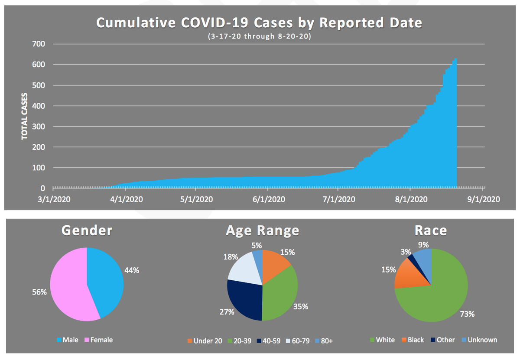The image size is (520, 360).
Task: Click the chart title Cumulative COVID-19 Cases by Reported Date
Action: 259,23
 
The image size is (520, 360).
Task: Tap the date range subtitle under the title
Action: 259,36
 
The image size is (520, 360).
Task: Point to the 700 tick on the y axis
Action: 39,44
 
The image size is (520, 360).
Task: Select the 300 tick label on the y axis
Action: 39,126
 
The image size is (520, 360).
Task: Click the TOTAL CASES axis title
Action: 25,116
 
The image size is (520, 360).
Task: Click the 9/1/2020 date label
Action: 483,200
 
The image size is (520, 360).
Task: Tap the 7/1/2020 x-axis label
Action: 340,200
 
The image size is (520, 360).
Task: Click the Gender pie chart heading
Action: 87,230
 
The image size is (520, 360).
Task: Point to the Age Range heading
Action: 262,230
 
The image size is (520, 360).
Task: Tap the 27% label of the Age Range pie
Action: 227,311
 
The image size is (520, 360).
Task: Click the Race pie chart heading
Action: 430,230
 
